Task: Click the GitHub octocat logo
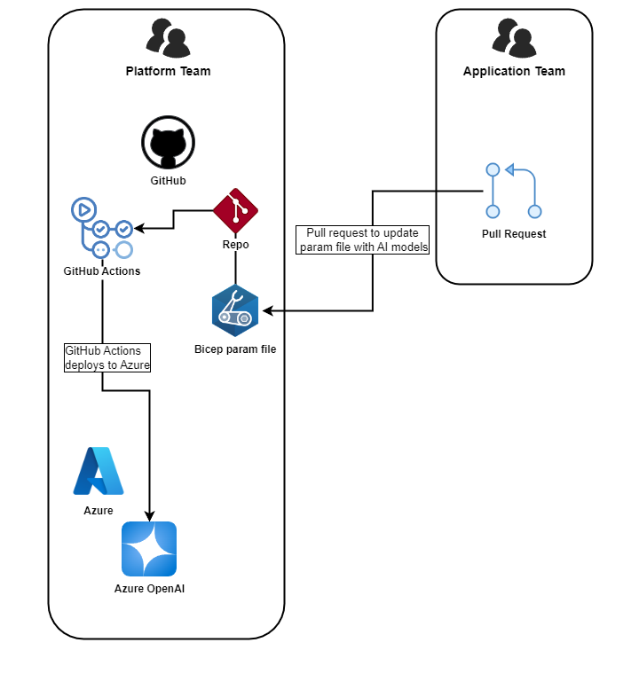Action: tap(168, 143)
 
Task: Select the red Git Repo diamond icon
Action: tap(235, 210)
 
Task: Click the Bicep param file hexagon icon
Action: tap(235, 311)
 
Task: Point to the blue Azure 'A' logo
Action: tap(99, 471)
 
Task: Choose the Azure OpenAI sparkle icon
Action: tap(149, 549)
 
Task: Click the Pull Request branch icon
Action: tap(513, 191)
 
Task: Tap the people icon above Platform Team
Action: tap(168, 37)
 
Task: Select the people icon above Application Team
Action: tap(513, 37)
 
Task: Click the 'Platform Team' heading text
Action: tap(168, 71)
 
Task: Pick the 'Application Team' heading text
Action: tap(514, 71)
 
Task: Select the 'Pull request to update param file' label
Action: tap(362, 239)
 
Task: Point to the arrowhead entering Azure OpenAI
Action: tap(149, 516)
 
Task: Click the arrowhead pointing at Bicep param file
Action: tap(265, 310)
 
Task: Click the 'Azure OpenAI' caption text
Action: tap(149, 588)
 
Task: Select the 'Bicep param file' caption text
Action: tap(235, 349)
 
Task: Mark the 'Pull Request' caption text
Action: tap(513, 234)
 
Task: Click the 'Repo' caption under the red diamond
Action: tap(235, 244)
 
